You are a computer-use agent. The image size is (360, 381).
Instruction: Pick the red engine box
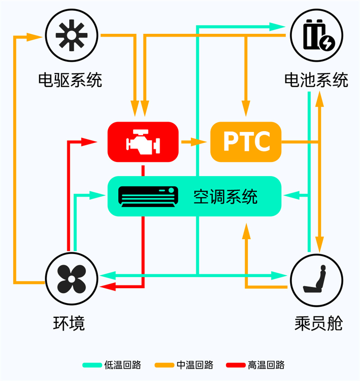tap(143, 141)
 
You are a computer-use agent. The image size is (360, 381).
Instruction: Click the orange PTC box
tap(246, 141)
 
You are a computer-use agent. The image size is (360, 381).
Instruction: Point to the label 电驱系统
tap(70, 80)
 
